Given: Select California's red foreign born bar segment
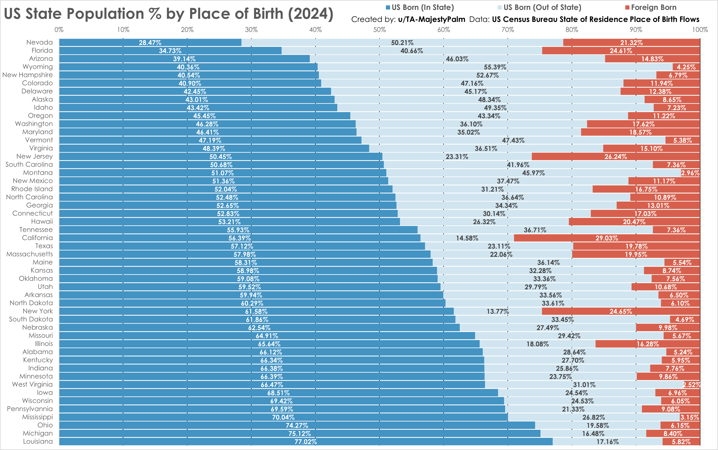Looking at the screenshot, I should tap(606, 238).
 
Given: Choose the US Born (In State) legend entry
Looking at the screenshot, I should tap(422, 7).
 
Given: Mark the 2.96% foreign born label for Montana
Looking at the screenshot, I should tap(690, 173).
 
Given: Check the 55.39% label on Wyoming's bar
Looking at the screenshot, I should tap(495, 67).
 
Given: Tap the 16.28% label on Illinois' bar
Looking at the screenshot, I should tap(647, 344).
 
